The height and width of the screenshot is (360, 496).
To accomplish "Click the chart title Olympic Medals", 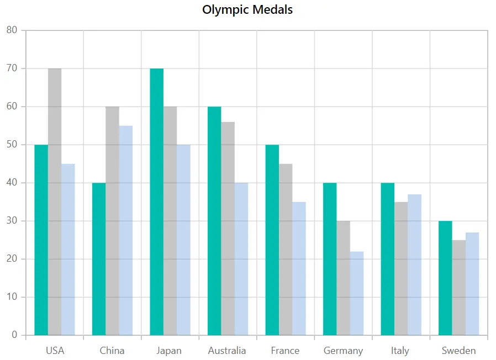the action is coord(247,10).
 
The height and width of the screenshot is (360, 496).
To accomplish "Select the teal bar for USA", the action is coord(41,240).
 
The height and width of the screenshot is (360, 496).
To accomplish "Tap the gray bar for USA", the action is coord(55,202).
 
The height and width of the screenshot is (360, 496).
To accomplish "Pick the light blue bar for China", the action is coord(126,230).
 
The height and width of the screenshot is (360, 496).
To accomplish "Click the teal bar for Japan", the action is coord(156,202).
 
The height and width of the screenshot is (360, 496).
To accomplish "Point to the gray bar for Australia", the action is coord(228,229).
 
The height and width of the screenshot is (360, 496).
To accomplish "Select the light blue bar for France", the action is coord(299,268).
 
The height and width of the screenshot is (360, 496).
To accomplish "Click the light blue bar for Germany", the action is coord(357,293).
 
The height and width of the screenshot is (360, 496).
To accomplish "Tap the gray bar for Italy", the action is coord(401,268).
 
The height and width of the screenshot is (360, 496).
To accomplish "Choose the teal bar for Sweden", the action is coord(445,278).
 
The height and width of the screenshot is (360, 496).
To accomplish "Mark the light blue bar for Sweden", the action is coord(472,284).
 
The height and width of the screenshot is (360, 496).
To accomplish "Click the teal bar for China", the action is coord(99,259).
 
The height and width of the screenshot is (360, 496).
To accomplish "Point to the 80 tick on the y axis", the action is coord(12,30).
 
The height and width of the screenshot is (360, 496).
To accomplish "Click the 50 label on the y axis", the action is coord(12,145).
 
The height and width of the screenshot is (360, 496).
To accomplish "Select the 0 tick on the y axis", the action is coord(14,335).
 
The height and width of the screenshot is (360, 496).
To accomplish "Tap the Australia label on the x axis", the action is coord(227,351).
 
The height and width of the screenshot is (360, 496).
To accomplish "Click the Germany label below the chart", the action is coord(343,351).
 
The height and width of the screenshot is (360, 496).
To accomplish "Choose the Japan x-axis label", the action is coord(169,351).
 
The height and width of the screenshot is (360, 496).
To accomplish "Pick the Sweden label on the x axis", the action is coord(458,351).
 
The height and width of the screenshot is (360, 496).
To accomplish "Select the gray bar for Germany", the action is coord(344,278).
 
